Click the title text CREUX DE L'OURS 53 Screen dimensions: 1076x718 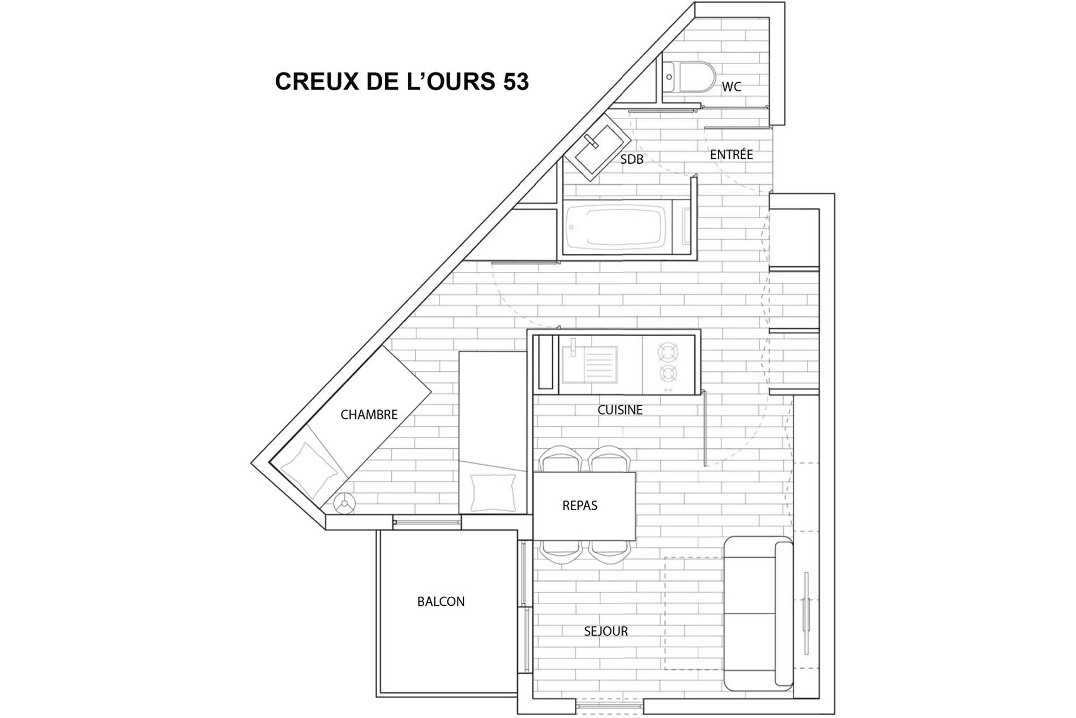(402, 82)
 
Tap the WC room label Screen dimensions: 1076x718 (731, 87)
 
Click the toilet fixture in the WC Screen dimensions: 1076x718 (689, 77)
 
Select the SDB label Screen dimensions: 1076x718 (631, 160)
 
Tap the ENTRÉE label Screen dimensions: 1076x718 (731, 154)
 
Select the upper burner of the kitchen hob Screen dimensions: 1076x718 (668, 352)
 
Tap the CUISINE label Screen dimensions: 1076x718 (620, 410)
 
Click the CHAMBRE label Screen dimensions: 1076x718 (369, 415)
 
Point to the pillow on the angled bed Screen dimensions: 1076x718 (309, 470)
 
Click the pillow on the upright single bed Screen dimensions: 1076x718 (492, 492)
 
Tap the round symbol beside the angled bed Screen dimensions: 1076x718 (344, 503)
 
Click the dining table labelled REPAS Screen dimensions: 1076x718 (584, 505)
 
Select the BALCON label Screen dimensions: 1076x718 (441, 602)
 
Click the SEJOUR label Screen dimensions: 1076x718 (606, 631)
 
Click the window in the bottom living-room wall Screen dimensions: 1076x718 (609, 706)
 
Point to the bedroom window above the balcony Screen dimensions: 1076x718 (427, 522)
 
